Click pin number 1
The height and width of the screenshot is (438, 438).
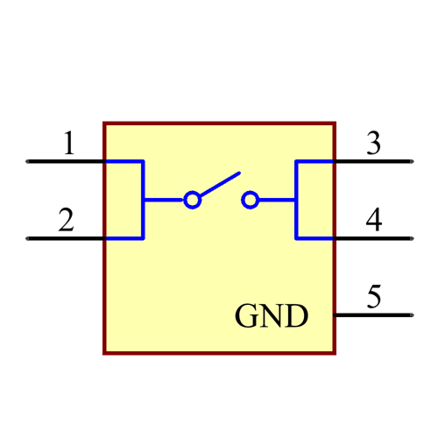point(68,143)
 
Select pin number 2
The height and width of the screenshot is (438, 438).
point(66,220)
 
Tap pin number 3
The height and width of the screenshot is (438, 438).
point(374,143)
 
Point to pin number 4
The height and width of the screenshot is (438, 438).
point(374,220)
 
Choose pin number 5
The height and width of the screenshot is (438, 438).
point(374,297)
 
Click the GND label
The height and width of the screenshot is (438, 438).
point(272,316)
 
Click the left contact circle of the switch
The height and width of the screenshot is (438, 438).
point(193,201)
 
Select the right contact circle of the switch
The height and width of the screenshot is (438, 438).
point(251,201)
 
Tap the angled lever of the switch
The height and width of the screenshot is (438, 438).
point(219,185)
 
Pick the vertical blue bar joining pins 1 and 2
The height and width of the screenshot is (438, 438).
point(143,200)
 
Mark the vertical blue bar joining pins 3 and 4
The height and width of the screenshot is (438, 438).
point(297,200)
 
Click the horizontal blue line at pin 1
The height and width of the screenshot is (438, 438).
point(124,162)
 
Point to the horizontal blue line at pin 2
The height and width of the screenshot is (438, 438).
point(124,237)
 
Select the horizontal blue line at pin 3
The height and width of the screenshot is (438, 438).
point(315,162)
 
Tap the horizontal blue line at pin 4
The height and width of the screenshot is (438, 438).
point(315,237)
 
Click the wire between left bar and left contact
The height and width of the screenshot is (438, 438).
point(164,201)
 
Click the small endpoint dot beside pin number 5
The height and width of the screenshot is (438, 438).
point(412,314)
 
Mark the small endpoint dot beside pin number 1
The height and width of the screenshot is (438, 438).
point(26,161)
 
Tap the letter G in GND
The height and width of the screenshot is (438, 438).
point(247,316)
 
